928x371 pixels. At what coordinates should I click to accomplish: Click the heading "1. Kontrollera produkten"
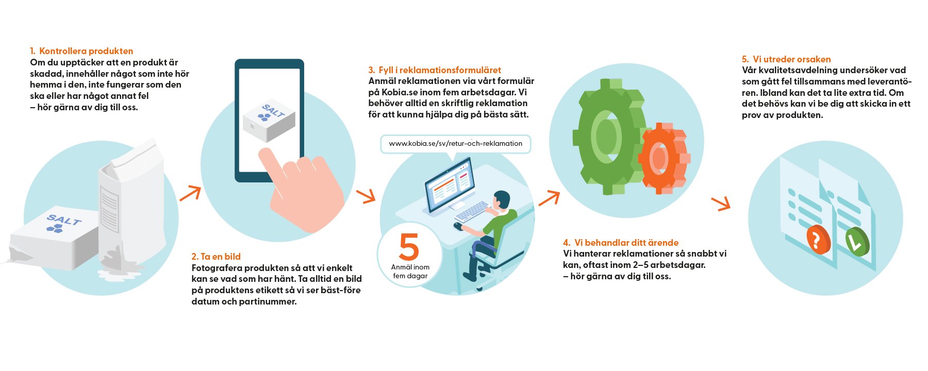pyautogui.click(x=81, y=51)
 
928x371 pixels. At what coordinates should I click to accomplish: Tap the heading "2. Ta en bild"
pyautogui.click(x=216, y=257)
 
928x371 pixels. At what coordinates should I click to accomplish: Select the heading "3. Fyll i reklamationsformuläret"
pyautogui.click(x=435, y=70)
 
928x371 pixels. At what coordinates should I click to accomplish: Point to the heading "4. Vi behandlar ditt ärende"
pyautogui.click(x=621, y=243)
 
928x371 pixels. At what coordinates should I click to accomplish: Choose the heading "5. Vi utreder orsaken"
pyautogui.click(x=786, y=59)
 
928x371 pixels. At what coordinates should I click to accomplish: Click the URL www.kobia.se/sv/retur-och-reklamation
pyautogui.click(x=456, y=144)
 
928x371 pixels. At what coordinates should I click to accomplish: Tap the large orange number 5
pyautogui.click(x=409, y=247)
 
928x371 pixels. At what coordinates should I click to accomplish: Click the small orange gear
pyautogui.click(x=664, y=158)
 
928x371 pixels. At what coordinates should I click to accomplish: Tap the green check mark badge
pyautogui.click(x=857, y=242)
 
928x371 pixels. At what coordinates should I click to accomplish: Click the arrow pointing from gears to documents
pyautogui.click(x=721, y=203)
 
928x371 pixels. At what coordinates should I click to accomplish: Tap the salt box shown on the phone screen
pyautogui.click(x=269, y=121)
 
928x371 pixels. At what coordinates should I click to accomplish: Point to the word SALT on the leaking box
pyautogui.click(x=64, y=220)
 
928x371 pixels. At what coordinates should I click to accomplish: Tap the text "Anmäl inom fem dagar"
pyautogui.click(x=410, y=272)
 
